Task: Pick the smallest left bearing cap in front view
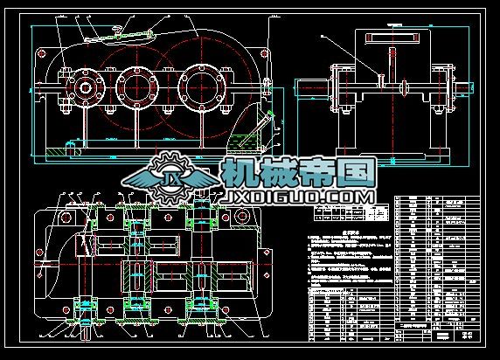coord(85,87)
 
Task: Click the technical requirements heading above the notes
coord(325,235)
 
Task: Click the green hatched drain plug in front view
coord(55,151)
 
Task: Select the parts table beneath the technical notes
coord(346,315)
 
